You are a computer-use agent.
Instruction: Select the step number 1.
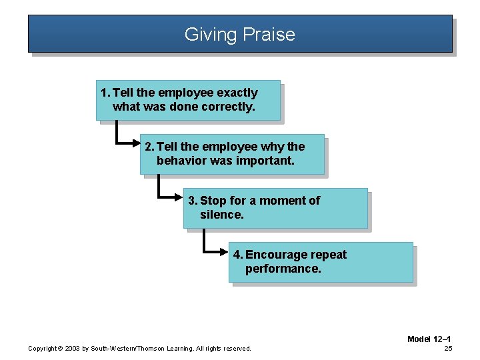click(104, 93)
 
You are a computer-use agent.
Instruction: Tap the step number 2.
click(149, 147)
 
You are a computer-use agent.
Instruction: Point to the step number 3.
click(192, 201)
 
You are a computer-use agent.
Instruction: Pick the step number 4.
click(237, 255)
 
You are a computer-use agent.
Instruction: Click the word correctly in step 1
click(229, 107)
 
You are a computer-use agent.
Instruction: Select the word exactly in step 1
click(236, 93)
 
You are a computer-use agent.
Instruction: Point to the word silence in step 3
click(221, 215)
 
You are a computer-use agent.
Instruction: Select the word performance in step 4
click(283, 269)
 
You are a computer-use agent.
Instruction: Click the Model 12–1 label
click(429, 339)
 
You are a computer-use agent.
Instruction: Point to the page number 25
click(448, 348)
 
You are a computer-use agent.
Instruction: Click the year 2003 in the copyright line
click(73, 349)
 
